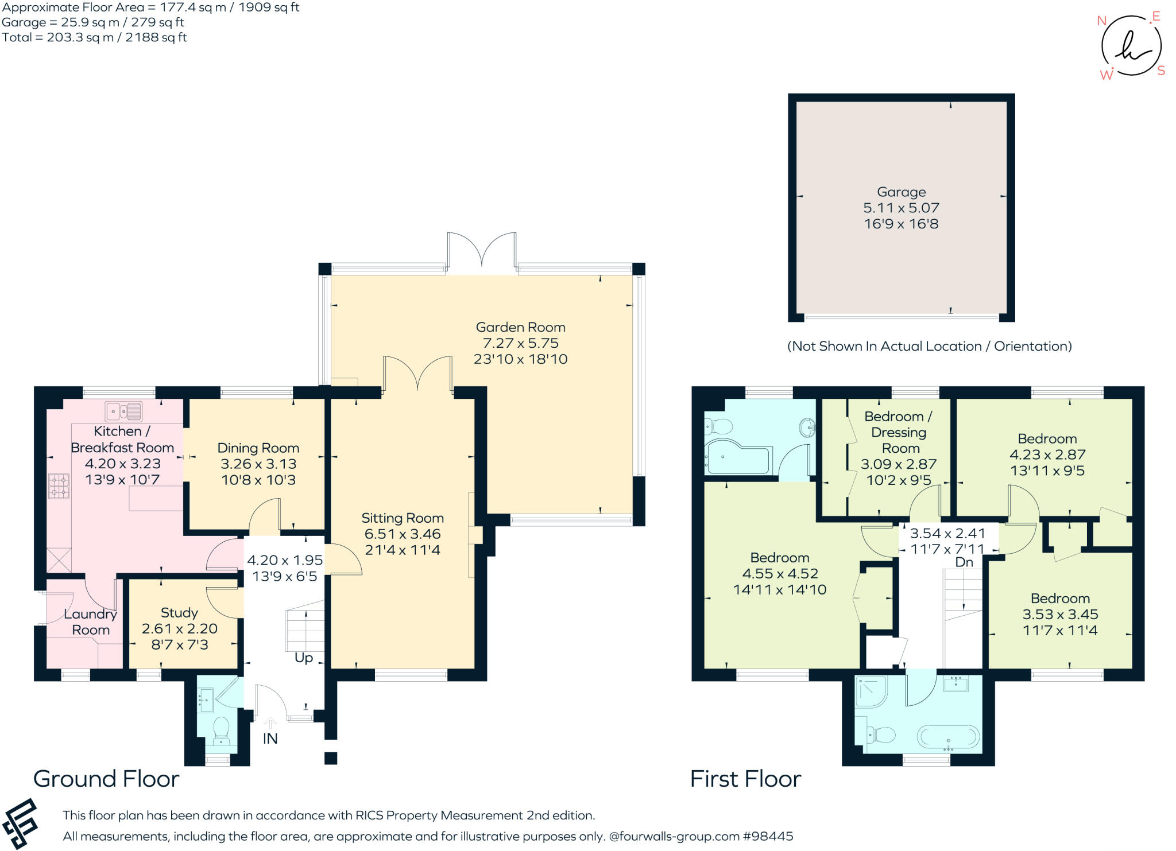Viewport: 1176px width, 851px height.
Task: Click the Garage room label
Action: point(901,192)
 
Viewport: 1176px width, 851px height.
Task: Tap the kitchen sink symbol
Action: point(123,411)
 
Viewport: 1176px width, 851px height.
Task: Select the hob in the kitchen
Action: point(59,485)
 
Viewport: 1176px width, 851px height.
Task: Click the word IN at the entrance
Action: point(270,739)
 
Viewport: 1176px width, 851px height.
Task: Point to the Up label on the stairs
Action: point(304,658)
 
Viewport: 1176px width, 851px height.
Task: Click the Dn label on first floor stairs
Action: point(964,562)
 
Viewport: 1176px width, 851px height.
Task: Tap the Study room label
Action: point(179,612)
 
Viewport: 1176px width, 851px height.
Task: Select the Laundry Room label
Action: point(91,622)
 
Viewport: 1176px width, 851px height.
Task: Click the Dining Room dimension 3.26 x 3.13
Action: point(258,464)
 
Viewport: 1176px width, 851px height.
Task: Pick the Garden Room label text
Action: point(520,327)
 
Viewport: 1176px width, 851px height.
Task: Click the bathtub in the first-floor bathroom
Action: point(948,737)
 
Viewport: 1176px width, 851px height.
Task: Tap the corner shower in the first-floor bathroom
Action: point(871,691)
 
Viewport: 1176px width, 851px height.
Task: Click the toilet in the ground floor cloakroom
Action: point(221,730)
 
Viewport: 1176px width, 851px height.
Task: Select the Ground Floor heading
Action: point(106,779)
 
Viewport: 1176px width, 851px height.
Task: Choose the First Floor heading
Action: point(745,779)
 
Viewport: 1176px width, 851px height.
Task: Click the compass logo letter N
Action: point(1101,21)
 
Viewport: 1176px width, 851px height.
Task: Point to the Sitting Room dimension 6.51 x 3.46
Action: point(403,534)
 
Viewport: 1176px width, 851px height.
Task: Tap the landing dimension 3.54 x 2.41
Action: point(947,534)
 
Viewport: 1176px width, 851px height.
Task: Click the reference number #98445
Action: point(768,836)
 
